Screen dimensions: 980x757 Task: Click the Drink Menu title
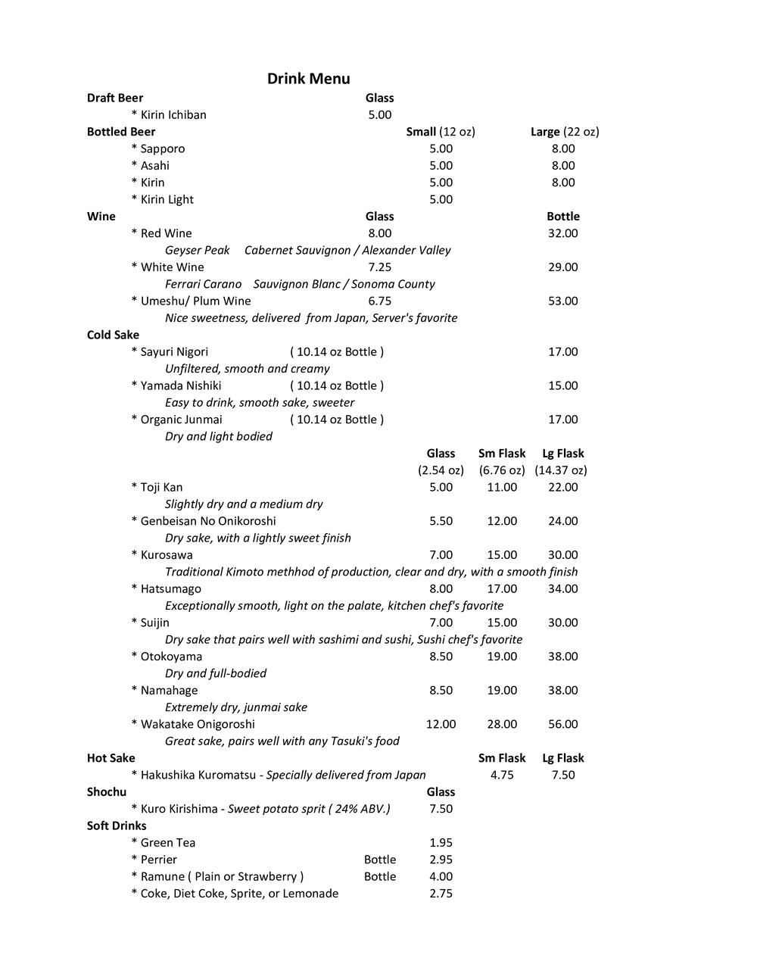(308, 79)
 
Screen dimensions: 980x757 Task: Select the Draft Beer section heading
(115, 98)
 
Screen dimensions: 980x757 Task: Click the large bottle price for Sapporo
(563, 149)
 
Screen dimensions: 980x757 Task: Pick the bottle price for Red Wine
(563, 233)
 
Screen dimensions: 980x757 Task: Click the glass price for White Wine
(380, 267)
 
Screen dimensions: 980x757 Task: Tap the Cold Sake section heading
(114, 335)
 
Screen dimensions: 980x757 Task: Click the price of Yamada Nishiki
(563, 385)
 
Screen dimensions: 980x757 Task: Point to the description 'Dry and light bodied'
(219, 437)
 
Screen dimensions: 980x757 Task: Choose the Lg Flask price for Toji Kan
(563, 488)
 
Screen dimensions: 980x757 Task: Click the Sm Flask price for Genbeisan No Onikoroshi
(502, 521)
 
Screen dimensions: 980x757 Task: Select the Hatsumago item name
(170, 589)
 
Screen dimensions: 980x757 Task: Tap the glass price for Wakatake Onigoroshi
(441, 725)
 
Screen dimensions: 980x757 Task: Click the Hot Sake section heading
(111, 758)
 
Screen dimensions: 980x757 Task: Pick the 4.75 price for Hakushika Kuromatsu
(502, 776)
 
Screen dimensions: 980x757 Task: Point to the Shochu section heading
(107, 792)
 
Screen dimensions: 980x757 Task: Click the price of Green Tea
(441, 843)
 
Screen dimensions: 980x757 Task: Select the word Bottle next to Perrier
(380, 860)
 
